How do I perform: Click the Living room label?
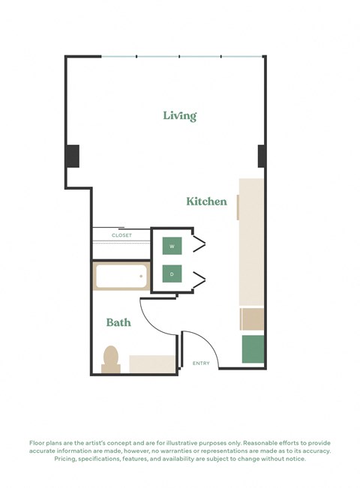coord(180,115)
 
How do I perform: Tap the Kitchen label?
coord(206,201)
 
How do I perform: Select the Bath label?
coord(118,322)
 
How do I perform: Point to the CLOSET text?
coord(121,235)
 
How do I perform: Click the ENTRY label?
coord(201,364)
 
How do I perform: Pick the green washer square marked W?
coord(172,246)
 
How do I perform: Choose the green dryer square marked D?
coord(172,274)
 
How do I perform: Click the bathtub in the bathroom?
coord(120,277)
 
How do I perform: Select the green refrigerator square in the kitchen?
coord(253,349)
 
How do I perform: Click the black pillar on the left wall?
coord(72,155)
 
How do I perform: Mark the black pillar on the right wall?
coord(262,156)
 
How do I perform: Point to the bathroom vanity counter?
coord(153,364)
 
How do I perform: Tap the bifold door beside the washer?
coord(199,245)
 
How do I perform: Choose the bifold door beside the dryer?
coord(199,279)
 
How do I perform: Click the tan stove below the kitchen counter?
coord(253,319)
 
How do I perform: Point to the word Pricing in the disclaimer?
coord(67,459)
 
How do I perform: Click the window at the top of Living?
coord(180,56)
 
